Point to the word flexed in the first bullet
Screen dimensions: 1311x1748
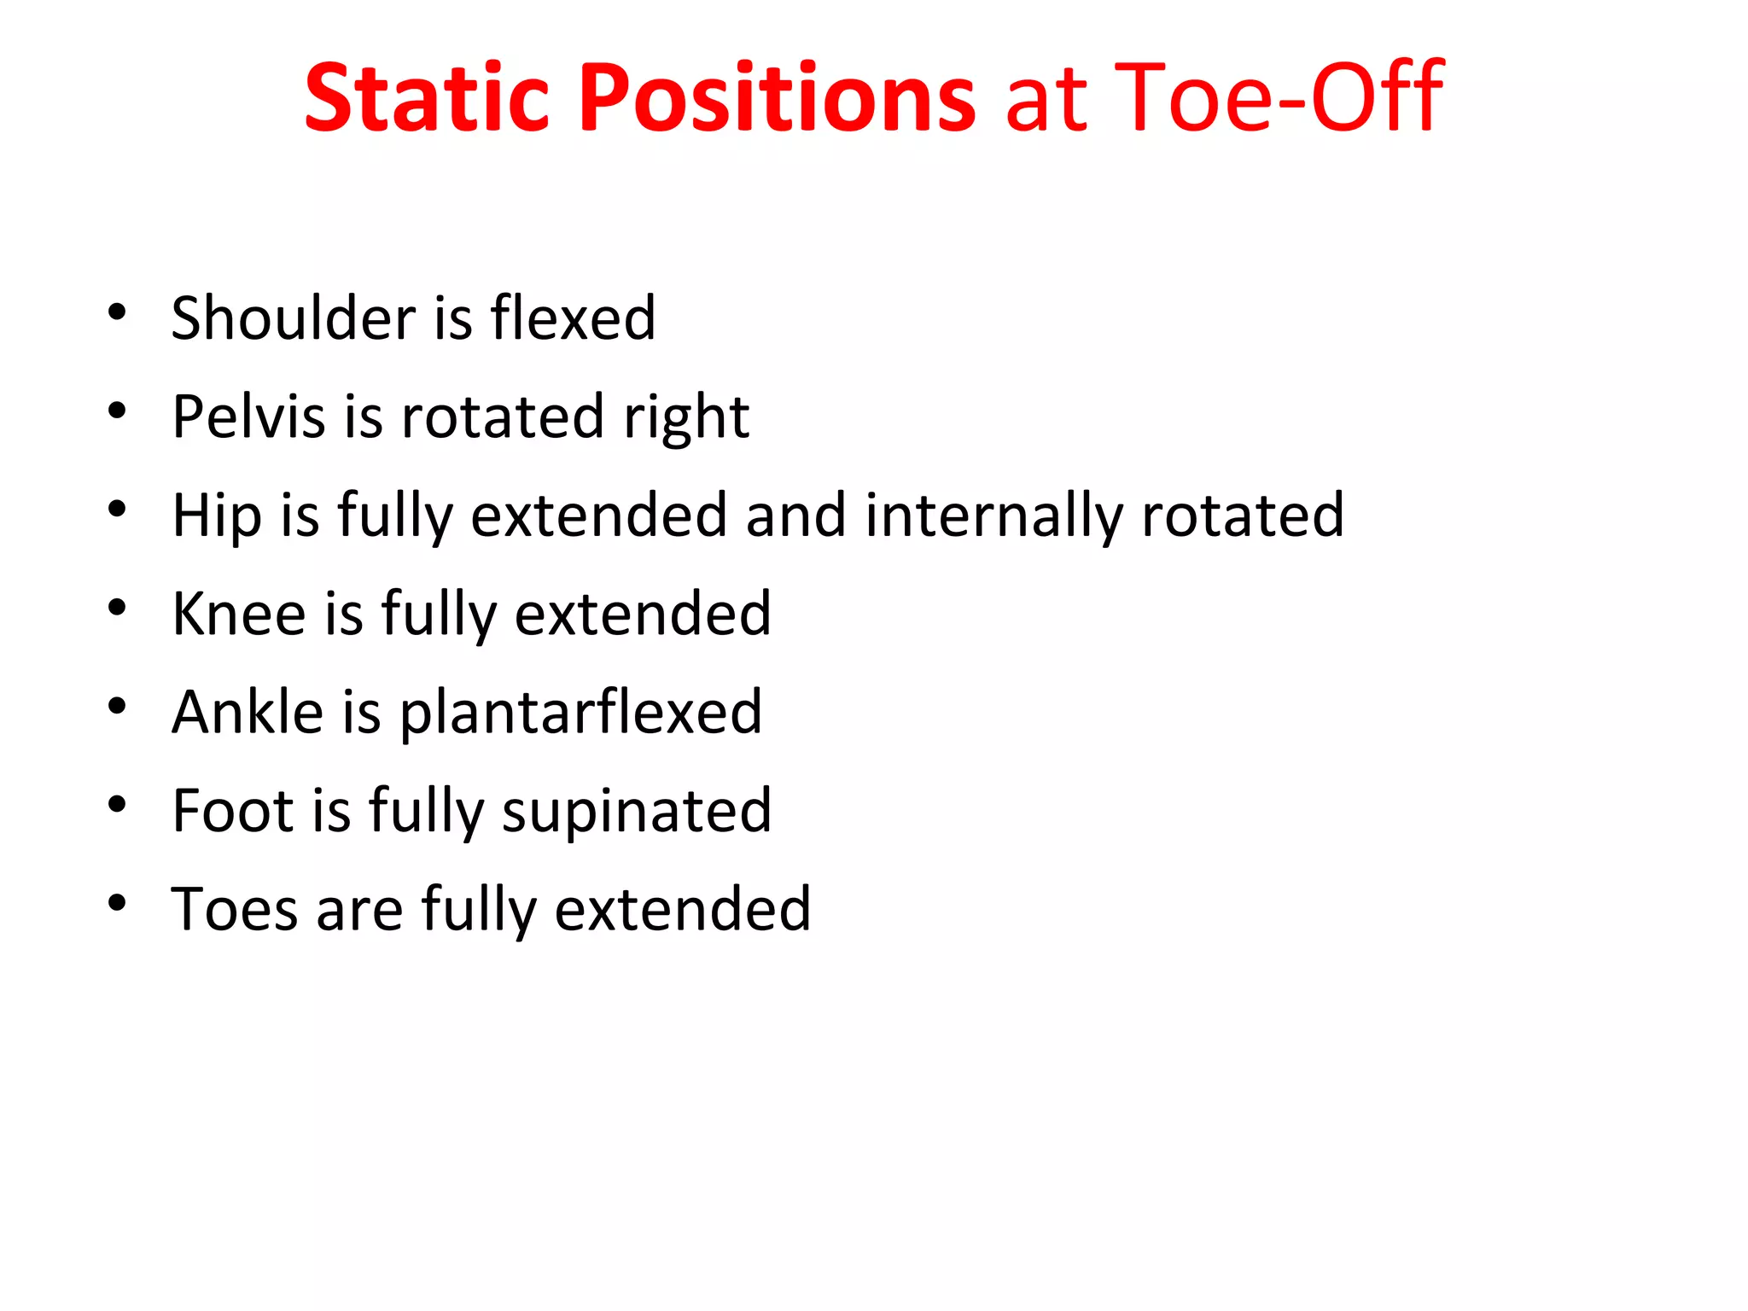click(573, 318)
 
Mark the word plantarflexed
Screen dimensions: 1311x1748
click(580, 714)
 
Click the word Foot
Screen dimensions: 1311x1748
click(232, 810)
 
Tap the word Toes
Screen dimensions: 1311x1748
click(234, 908)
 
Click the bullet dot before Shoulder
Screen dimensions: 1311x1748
click(118, 312)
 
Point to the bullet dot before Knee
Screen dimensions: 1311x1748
click(118, 608)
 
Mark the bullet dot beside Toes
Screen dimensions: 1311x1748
click(118, 903)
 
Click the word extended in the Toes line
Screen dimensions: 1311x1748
click(683, 908)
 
